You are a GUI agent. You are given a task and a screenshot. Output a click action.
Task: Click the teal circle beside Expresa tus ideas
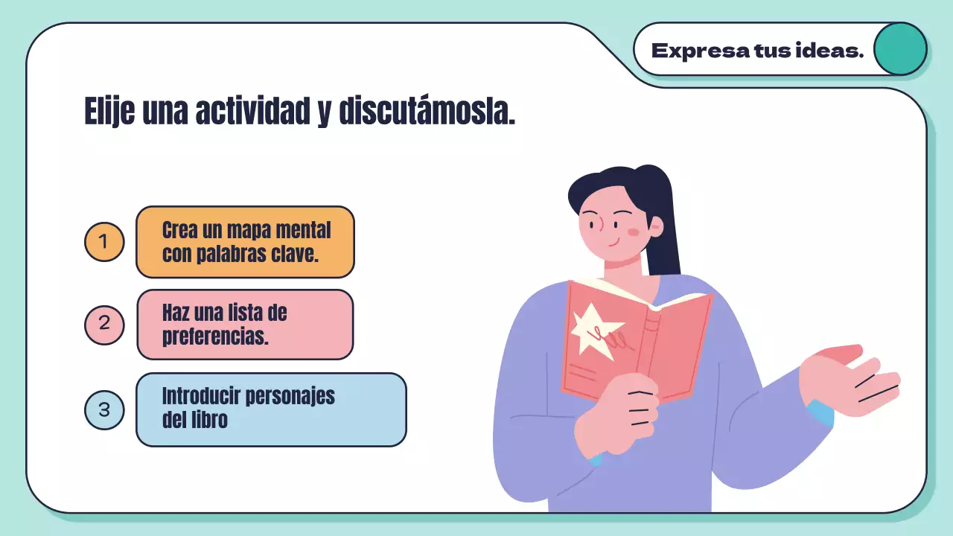coord(899,49)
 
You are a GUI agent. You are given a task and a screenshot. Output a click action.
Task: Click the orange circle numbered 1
coord(104,242)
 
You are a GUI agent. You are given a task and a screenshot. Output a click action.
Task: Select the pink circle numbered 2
coord(104,325)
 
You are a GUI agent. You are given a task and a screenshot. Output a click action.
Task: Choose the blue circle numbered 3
coord(104,410)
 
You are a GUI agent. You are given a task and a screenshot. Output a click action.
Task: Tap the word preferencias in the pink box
coord(215,336)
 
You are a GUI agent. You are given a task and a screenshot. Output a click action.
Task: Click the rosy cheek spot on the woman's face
coord(634,232)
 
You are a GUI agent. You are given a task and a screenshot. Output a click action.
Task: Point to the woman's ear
coord(655,225)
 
